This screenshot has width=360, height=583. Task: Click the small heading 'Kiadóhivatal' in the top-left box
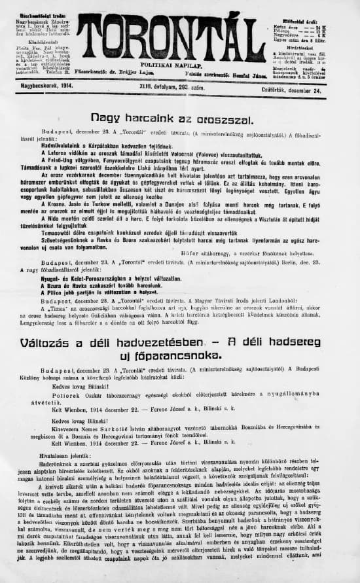click(38, 41)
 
